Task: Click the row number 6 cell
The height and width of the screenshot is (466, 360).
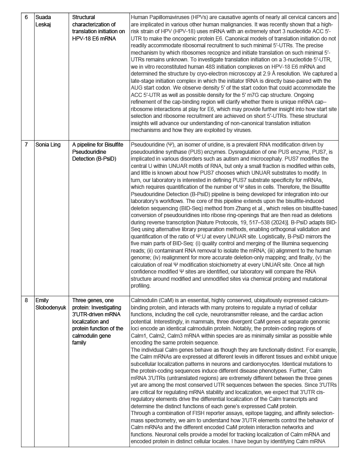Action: pyautogui.click(x=26, y=17)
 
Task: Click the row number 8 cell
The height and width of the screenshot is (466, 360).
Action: pyautogui.click(x=26, y=300)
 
